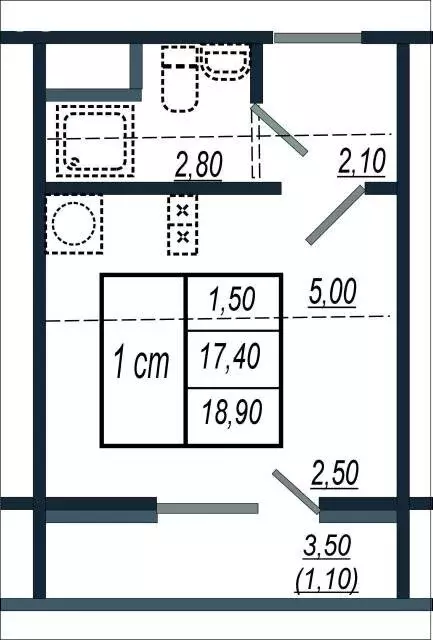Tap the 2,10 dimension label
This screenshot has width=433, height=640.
coord(362,160)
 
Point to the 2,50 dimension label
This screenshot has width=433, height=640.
coord(335,473)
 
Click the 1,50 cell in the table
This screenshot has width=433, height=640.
coord(233,299)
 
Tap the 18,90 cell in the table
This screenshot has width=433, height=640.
coord(231,411)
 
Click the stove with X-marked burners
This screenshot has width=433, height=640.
coord(182,224)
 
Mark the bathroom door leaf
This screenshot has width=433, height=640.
coord(280,131)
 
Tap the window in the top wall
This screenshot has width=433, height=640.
coord(317,39)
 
